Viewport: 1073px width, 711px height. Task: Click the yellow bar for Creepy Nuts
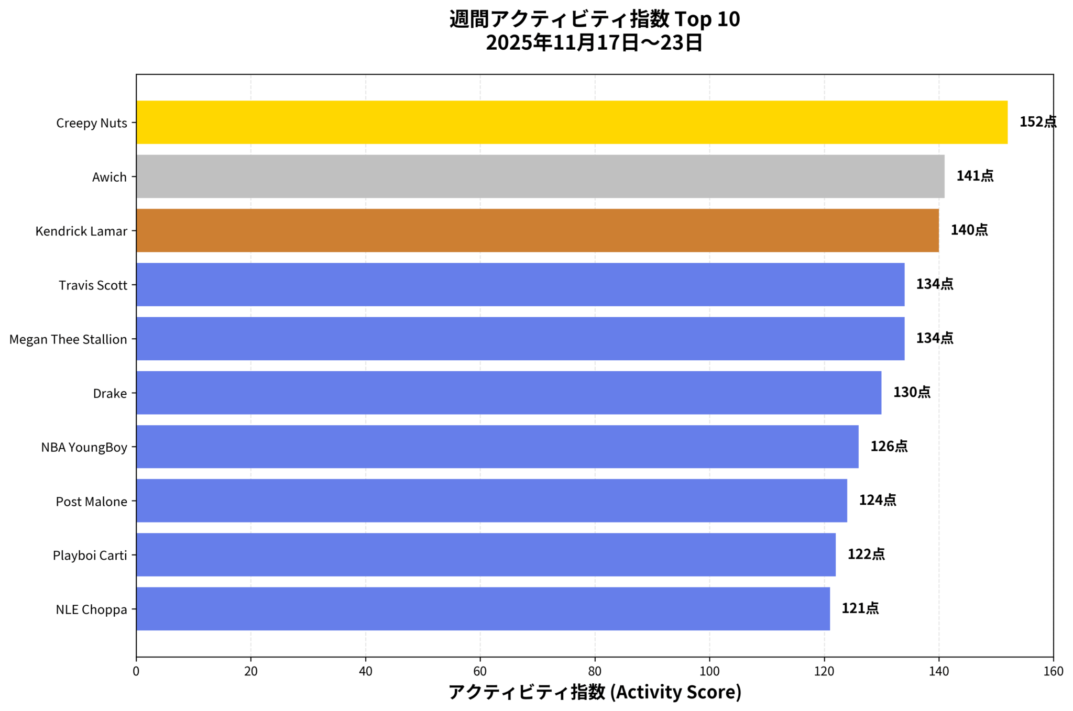[571, 122]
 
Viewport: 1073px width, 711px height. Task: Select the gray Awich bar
[540, 176]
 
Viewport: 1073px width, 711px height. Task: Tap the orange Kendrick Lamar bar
[537, 230]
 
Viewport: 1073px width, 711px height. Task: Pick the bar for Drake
[508, 393]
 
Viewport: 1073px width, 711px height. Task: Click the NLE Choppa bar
[483, 608]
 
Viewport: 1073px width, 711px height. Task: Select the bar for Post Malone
[491, 501]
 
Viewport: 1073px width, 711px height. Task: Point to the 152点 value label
[1037, 122]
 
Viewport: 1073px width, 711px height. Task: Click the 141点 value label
[975, 176]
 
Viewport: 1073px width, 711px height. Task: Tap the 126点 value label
[889, 447]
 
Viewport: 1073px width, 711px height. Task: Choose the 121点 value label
[860, 608]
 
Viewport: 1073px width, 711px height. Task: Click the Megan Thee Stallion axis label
[68, 339]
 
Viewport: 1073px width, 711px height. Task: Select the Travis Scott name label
[93, 285]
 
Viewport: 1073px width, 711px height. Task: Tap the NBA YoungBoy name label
[84, 447]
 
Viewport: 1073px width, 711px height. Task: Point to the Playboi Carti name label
[90, 555]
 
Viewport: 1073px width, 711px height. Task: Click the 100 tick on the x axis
[709, 672]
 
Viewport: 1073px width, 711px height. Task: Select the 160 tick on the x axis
[1053, 672]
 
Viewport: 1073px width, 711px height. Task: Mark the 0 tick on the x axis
[136, 672]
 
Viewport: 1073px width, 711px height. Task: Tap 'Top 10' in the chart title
[707, 19]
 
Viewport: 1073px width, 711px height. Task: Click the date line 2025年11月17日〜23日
[594, 43]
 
